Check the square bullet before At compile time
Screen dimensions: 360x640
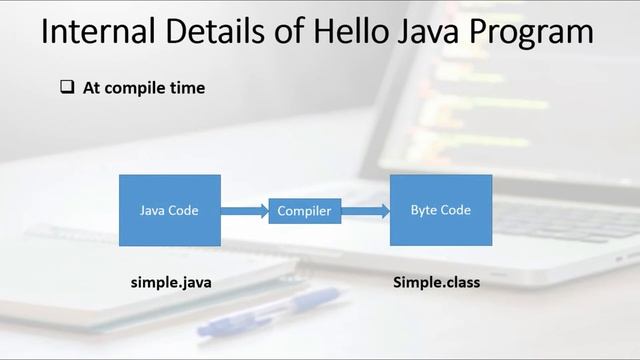click(x=67, y=88)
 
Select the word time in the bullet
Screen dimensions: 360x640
click(x=187, y=88)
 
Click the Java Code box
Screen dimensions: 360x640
click(x=170, y=210)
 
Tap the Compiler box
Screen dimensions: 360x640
click(x=304, y=211)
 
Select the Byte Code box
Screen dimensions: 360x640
click(x=440, y=210)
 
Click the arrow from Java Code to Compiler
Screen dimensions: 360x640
click(x=245, y=211)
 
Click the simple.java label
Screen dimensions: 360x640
click(x=171, y=282)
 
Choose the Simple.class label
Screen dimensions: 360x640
click(x=436, y=282)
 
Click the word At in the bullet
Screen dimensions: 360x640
click(x=92, y=88)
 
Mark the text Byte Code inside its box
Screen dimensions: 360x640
click(x=440, y=210)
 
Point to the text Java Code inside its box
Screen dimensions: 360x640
click(x=169, y=210)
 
